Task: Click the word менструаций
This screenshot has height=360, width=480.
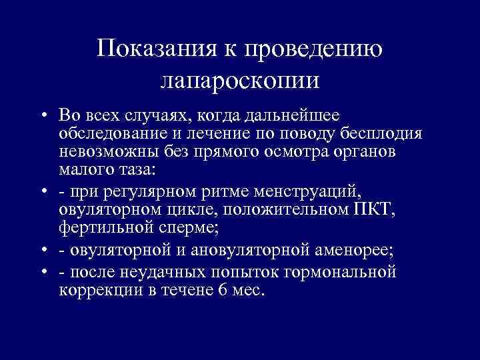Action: pyautogui.click(x=314, y=192)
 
